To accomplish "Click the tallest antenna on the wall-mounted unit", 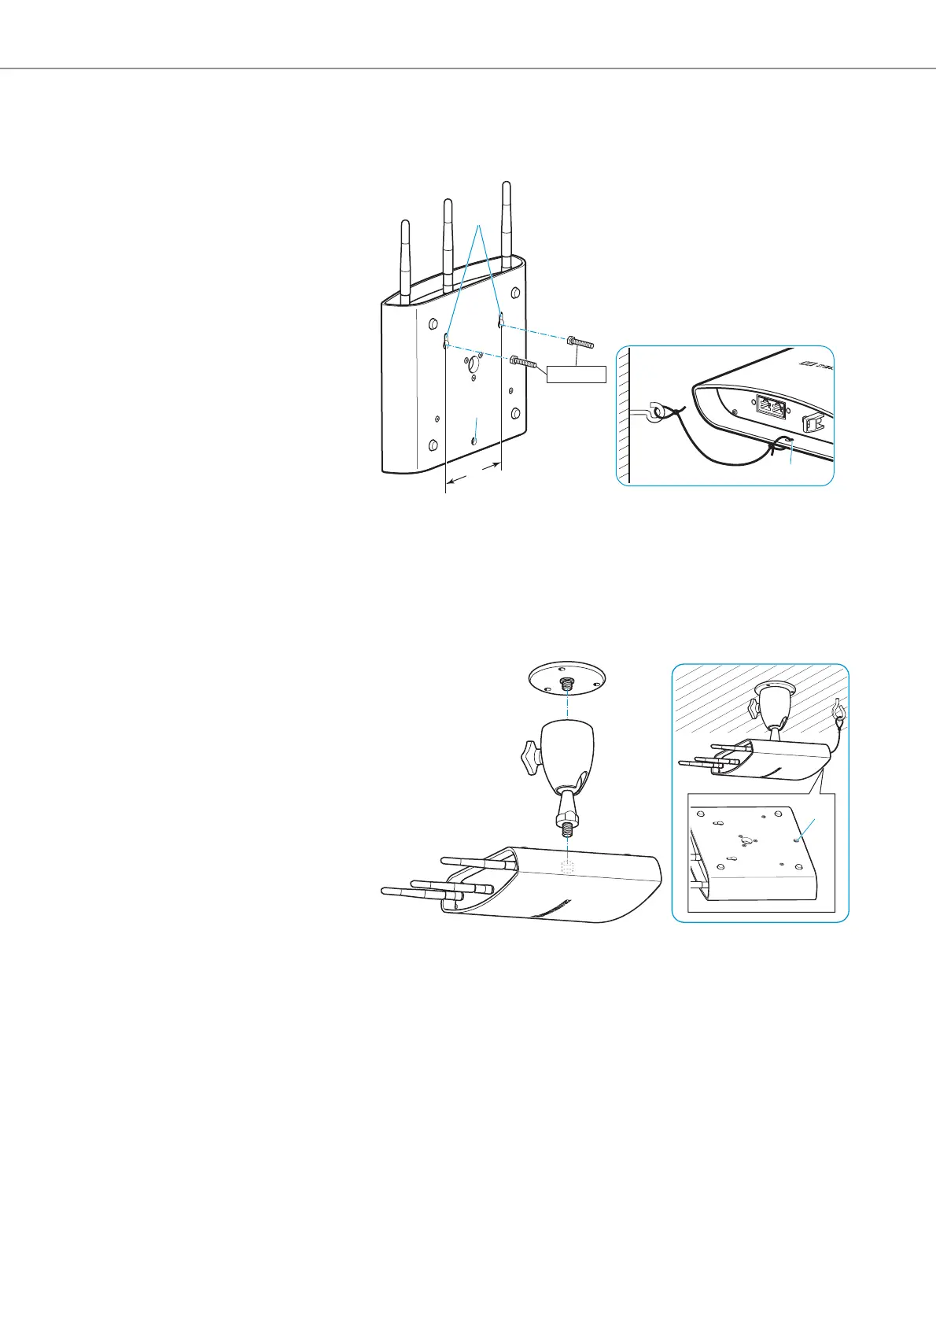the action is (507, 220).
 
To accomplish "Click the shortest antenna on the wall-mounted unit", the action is (406, 260).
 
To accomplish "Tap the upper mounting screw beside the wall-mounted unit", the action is (580, 343).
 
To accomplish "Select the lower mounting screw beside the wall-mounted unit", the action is (525, 363).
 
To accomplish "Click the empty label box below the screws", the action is (577, 374).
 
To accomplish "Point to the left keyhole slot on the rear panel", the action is (446, 340).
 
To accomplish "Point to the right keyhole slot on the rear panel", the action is (501, 319).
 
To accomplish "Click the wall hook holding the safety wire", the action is (650, 412).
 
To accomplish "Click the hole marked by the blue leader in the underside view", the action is (798, 840).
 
